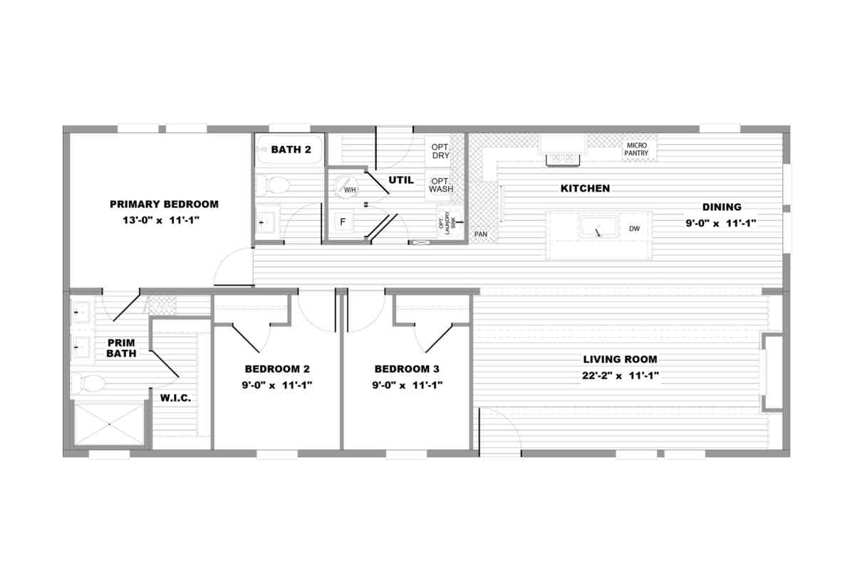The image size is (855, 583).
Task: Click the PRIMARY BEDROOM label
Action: [x=164, y=205]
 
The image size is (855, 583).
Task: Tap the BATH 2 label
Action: [x=291, y=150]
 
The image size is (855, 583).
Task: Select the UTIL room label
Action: [x=400, y=180]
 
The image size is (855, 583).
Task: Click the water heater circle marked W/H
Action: [x=346, y=187]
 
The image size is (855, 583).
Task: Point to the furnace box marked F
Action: [x=343, y=222]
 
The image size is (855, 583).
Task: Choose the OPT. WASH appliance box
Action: [x=439, y=185]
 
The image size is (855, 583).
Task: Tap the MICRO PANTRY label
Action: [x=636, y=149]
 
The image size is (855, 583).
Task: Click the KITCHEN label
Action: [x=585, y=188]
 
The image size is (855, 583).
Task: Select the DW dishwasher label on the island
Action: [x=634, y=229]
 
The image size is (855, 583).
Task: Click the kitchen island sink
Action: [x=598, y=227]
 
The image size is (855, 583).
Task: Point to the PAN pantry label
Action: [x=480, y=234]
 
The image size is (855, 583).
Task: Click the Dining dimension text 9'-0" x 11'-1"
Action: [x=721, y=223]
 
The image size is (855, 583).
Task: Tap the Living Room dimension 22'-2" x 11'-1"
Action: [x=621, y=376]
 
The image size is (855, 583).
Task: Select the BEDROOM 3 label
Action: [x=407, y=368]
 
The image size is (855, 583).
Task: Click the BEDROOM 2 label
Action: [x=277, y=368]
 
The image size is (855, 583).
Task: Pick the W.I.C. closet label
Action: [x=175, y=398]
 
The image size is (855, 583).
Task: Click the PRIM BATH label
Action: [x=121, y=349]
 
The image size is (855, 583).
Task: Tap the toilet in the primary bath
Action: [x=88, y=383]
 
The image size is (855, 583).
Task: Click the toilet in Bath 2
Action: [x=273, y=185]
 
